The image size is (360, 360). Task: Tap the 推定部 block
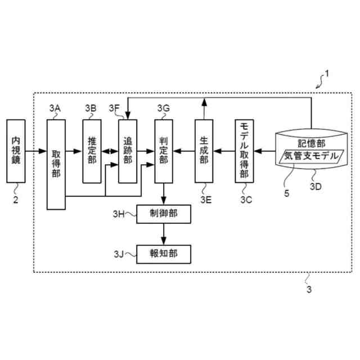tap(92, 150)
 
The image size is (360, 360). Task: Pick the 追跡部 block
tap(128, 150)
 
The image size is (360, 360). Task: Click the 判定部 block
tap(164, 150)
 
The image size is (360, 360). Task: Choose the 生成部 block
tap(204, 150)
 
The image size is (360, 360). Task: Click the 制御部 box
tap(164, 214)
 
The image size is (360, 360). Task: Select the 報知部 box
tap(164, 253)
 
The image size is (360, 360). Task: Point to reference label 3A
tap(55, 107)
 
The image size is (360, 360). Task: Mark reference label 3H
tap(119, 214)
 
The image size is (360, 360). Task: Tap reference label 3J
tap(119, 253)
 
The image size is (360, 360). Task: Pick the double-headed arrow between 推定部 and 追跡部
tap(110, 150)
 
